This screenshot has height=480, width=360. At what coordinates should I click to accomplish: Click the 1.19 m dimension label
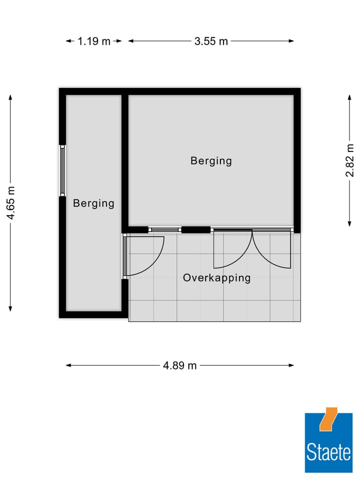[93, 41]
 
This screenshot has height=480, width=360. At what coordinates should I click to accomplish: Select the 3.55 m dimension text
[211, 41]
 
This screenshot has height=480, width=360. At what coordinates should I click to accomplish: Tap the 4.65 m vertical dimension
[10, 202]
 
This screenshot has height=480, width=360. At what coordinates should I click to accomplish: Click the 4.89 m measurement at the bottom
[180, 365]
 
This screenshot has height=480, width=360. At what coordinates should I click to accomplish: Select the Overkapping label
[216, 278]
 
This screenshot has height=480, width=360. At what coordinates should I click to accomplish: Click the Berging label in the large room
[211, 161]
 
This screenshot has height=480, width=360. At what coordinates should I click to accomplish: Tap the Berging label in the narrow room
[93, 203]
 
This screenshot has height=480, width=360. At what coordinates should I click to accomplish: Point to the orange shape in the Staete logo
[328, 419]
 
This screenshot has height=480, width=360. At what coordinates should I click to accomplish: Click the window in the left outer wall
[62, 170]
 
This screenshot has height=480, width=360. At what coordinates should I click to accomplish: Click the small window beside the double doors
[164, 229]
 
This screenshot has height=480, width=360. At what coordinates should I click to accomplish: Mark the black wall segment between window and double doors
[195, 229]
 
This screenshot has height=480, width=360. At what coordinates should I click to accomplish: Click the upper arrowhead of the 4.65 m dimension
[10, 97]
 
